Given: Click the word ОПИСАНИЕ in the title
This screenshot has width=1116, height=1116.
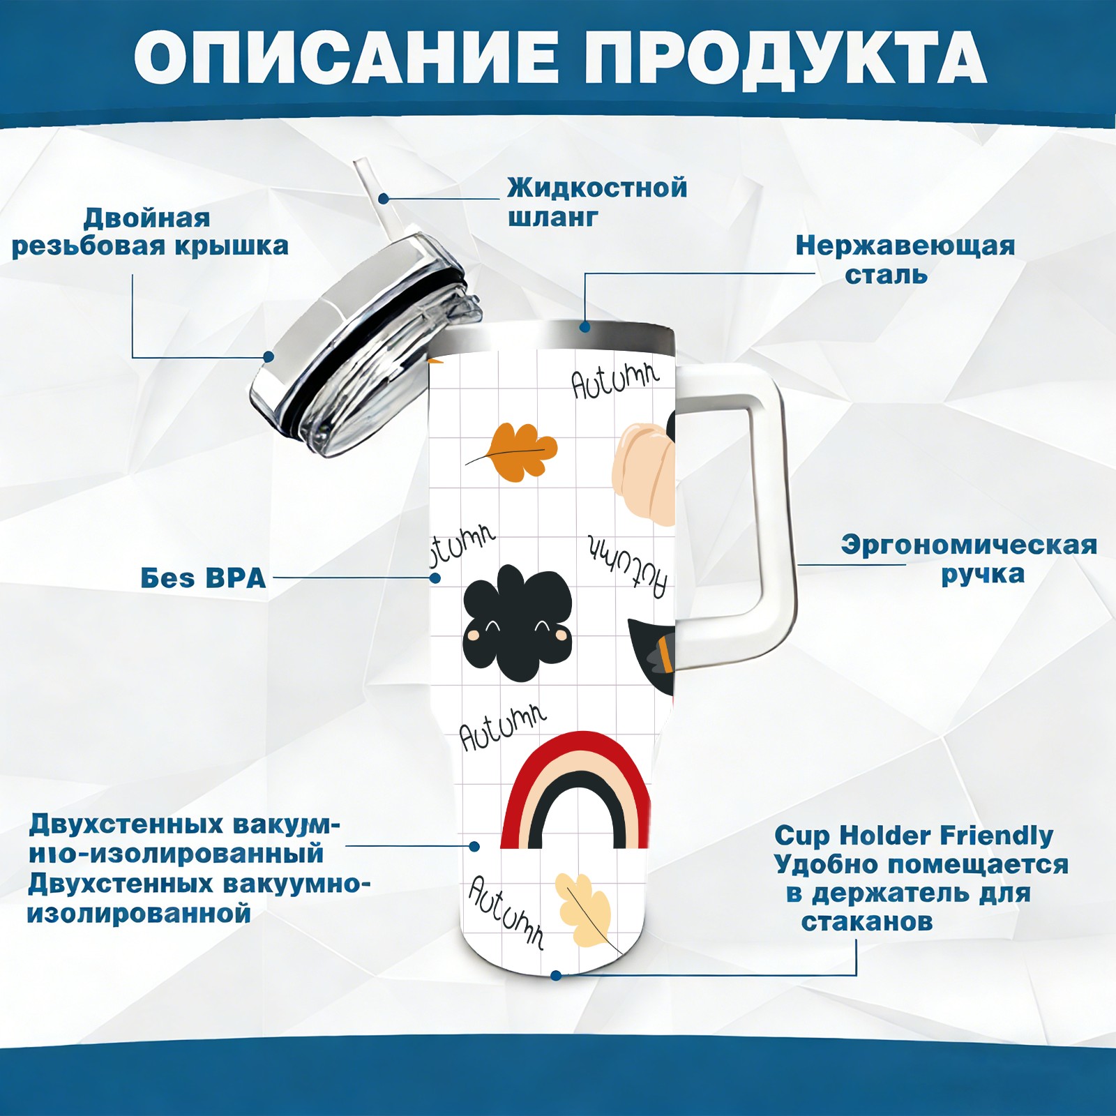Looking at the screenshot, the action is [x=347, y=56].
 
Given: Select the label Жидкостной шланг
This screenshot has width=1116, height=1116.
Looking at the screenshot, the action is [x=597, y=202].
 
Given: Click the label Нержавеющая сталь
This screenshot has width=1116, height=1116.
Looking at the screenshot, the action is [x=905, y=259].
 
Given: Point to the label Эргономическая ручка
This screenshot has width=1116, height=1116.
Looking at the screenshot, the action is [x=969, y=559].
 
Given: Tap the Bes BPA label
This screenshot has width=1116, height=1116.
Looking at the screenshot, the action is [x=203, y=578].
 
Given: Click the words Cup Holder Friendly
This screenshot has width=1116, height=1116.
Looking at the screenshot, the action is [x=914, y=835].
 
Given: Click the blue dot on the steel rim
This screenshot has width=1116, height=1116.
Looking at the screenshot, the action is [x=585, y=326].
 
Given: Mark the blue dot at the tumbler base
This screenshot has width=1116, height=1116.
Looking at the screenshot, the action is [x=556, y=975].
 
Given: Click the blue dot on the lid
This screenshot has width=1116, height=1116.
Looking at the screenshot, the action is [x=269, y=356].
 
